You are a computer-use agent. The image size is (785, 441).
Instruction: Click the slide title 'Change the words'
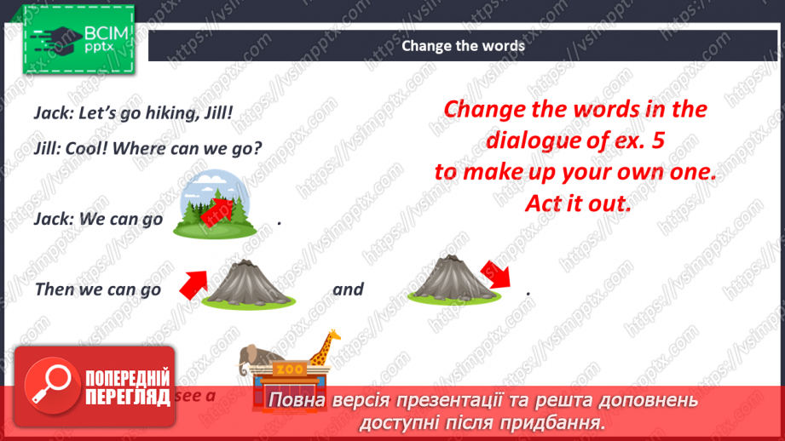[x=463, y=46]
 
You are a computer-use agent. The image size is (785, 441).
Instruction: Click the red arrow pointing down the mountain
[x=494, y=275]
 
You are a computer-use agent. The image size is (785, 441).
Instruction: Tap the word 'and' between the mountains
[x=348, y=289]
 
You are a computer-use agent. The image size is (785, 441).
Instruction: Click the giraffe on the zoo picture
[x=321, y=348]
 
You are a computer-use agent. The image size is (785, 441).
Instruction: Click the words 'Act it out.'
[x=574, y=204]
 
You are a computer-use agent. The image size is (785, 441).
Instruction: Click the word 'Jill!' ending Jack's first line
[x=217, y=112]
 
